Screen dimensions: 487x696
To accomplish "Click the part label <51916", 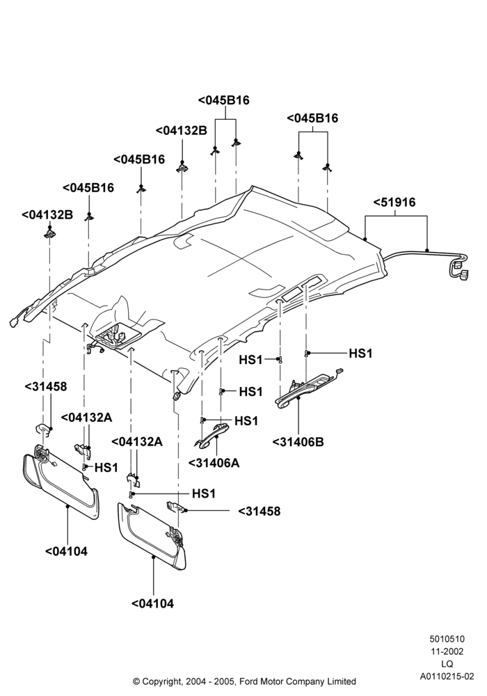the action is click(394, 203).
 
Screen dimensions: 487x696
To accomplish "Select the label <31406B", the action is click(298, 442).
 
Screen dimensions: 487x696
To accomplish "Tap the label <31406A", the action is click(214, 463).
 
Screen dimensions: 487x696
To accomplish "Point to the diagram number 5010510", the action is click(447, 639).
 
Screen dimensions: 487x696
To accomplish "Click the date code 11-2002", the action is click(447, 651).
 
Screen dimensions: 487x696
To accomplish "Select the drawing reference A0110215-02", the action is click(447, 677).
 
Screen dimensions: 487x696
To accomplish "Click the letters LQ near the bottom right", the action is click(447, 664).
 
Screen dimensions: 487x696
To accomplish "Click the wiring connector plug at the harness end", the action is click(461, 269).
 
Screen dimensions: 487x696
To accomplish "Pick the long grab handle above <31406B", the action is click(308, 387).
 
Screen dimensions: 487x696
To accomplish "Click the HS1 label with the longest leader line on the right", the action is click(360, 354).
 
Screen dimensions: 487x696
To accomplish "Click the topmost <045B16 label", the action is click(223, 100).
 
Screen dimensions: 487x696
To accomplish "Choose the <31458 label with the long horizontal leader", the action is click(260, 512).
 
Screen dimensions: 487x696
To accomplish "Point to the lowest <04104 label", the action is click(152, 603).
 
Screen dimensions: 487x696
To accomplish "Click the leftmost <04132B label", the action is click(47, 215).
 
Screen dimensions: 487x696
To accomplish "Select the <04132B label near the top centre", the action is click(182, 131).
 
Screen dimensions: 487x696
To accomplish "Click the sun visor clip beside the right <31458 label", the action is click(175, 507).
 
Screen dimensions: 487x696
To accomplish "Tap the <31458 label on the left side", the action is click(46, 386).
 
